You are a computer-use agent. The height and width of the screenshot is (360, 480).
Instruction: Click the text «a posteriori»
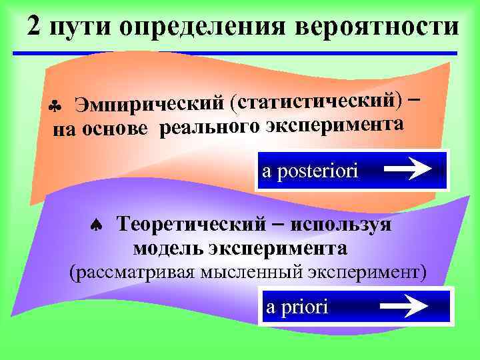click(310, 171)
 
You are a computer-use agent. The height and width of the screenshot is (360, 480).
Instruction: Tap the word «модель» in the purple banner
click(167, 249)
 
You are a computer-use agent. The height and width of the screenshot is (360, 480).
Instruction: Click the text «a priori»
click(297, 307)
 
